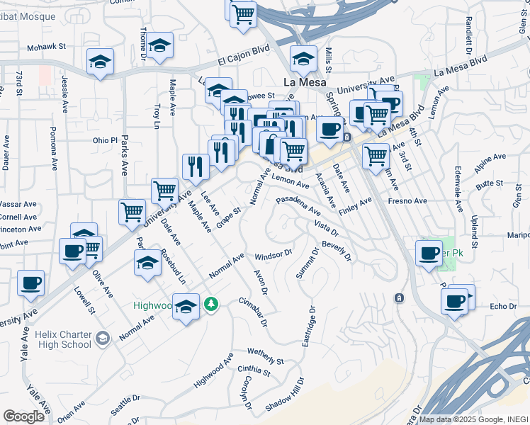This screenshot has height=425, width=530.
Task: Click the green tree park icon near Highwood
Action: click(210, 304)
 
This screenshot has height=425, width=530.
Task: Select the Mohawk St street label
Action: click(46, 48)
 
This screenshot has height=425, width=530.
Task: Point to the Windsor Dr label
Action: click(274, 254)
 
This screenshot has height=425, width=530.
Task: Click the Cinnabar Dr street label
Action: click(252, 312)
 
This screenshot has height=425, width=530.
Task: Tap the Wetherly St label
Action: click(265, 356)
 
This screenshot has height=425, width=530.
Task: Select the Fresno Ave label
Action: click(407, 201)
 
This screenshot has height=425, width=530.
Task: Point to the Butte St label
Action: click(489, 183)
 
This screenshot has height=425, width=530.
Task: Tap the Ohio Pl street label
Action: click(104, 140)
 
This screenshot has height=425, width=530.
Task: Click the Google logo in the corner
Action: click(23, 416)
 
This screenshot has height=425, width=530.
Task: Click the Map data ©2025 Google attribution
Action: click(473, 419)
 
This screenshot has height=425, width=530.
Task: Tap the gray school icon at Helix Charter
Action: click(103, 339)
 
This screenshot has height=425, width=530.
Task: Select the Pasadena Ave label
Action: click(298, 206)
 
